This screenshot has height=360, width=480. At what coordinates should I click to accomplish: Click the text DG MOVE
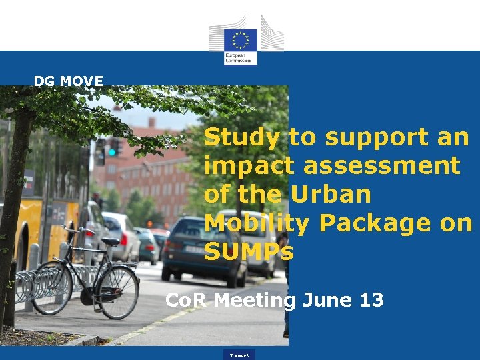69,81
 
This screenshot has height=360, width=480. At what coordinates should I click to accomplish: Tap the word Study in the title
241,138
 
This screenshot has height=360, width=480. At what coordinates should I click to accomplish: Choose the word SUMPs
249,251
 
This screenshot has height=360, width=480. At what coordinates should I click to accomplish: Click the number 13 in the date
371,300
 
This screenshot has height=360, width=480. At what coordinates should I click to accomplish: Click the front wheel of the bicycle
117,291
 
